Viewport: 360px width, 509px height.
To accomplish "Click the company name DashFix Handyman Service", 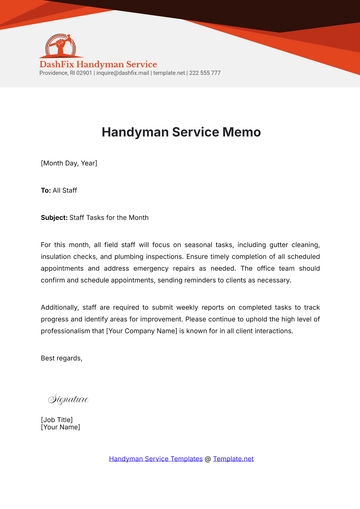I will (x=98, y=64).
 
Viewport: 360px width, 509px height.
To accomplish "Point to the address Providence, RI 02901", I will (x=65, y=73).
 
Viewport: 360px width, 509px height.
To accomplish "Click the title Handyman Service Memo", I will (x=180, y=132).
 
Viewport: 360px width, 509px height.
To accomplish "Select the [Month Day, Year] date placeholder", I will (x=69, y=163).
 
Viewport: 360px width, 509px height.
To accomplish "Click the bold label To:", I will (x=46, y=188).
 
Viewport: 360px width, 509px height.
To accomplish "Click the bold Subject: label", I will (x=54, y=216).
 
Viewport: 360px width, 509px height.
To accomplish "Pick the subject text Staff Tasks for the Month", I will (x=106, y=216).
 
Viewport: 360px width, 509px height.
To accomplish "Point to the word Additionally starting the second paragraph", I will (x=63, y=308).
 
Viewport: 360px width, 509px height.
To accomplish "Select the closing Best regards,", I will (x=62, y=358).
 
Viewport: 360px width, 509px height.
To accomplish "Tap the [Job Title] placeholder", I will (x=59, y=419).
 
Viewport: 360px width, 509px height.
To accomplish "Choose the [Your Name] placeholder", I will (x=60, y=427).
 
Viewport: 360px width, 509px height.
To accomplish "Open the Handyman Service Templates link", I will (x=154, y=458).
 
